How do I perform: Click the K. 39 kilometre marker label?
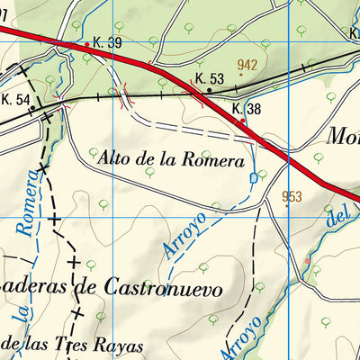pos(107,42)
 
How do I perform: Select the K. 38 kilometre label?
pos(247,109)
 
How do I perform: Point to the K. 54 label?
pos(15,99)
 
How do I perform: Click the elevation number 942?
pos(247,65)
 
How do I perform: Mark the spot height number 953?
pos(292,196)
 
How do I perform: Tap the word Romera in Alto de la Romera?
pos(215,161)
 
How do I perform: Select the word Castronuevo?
pos(175,289)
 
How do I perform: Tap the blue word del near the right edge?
pos(337,217)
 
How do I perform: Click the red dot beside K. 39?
pos(86,44)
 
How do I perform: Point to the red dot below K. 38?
pos(242,120)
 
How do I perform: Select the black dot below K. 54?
pos(32,109)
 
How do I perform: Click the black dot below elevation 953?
pos(288,206)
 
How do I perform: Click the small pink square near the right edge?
pos(308,261)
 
